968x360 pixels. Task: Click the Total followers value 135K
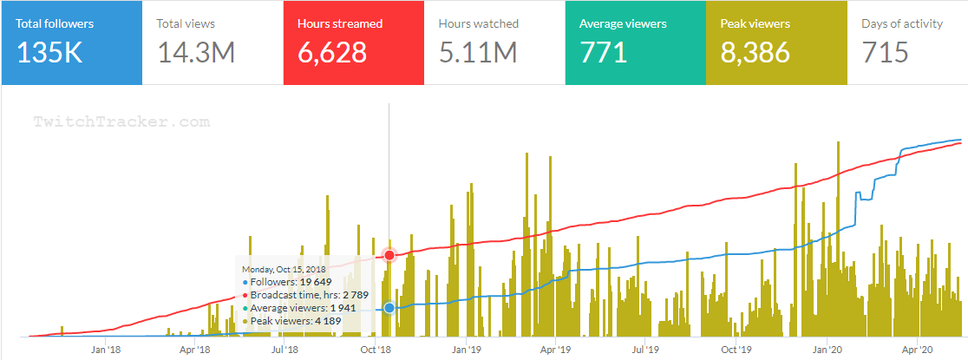pos(49,53)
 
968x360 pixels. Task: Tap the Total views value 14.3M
pos(197,53)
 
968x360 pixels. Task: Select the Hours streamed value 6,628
pos(332,53)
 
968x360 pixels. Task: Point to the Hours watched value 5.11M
pos(478,53)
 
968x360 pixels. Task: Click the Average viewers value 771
pos(604,53)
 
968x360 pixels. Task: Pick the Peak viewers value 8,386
pos(755,53)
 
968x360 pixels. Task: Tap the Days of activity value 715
pos(885,53)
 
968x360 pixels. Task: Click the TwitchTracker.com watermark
pos(121,122)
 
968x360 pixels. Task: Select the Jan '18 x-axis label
pos(105,350)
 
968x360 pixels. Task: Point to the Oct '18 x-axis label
pos(376,350)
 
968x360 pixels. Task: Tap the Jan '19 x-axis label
pos(465,350)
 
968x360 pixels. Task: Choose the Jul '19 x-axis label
pos(644,350)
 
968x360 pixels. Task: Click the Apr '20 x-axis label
pos(917,350)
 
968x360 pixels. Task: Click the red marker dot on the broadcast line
pos(389,255)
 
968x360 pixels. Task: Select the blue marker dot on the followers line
pos(389,307)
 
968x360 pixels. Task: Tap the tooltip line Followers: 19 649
pos(287,282)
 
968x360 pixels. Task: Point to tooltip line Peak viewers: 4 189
pos(293,321)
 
